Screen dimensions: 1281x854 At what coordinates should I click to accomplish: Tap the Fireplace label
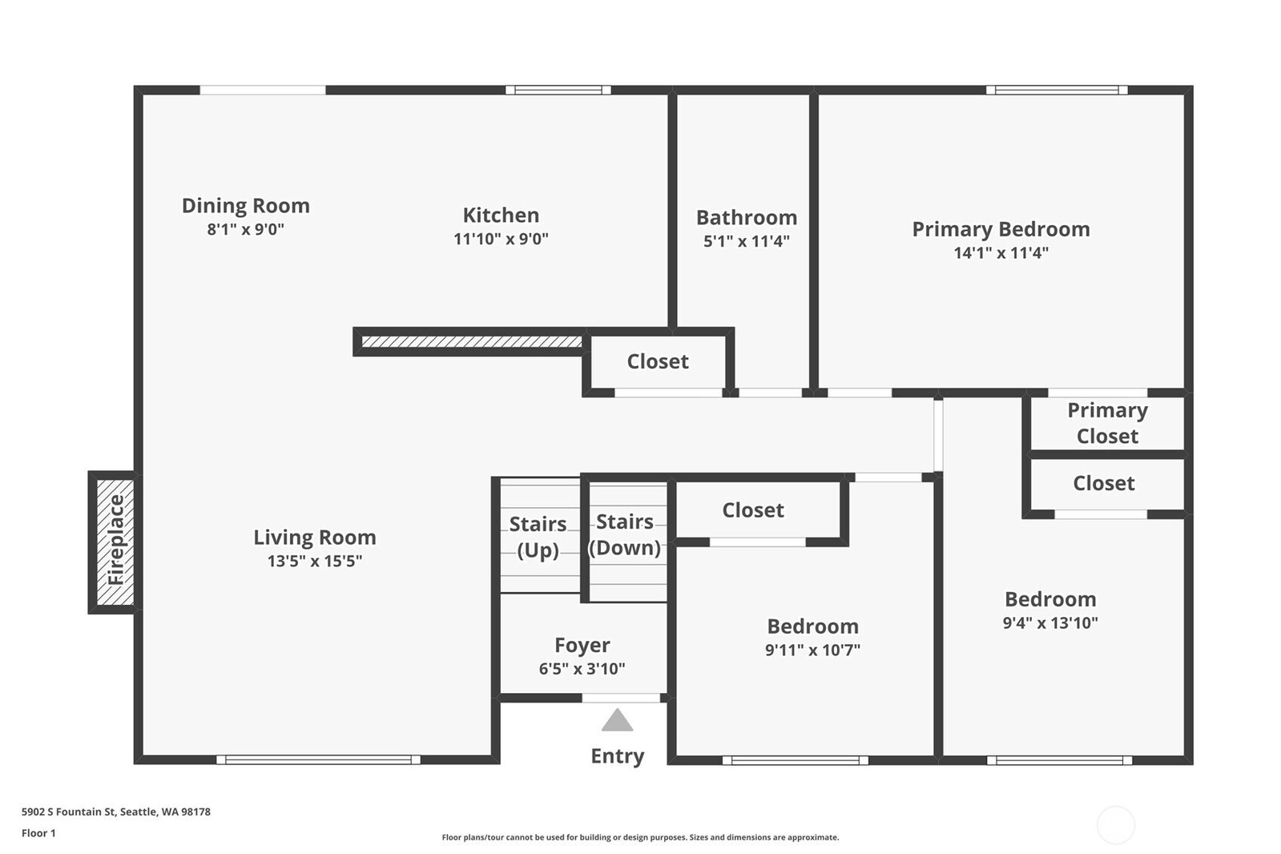(x=116, y=539)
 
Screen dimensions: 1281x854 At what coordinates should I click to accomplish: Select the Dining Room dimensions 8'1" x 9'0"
(x=246, y=229)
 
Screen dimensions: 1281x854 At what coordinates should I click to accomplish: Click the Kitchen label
(x=501, y=215)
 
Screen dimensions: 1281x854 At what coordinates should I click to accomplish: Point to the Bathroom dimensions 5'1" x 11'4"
(x=747, y=241)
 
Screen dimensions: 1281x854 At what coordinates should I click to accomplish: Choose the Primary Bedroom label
(x=1001, y=229)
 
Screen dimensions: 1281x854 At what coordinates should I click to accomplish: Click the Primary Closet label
(x=1108, y=423)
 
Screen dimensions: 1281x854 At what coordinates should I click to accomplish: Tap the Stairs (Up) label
(x=538, y=537)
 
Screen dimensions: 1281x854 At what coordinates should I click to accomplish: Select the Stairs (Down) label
(x=625, y=534)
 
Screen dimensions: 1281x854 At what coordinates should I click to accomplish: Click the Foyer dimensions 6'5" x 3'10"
(x=582, y=669)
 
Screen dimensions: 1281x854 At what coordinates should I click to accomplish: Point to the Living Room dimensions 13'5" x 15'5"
(x=315, y=561)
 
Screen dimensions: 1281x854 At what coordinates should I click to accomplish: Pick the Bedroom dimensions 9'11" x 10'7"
(x=812, y=650)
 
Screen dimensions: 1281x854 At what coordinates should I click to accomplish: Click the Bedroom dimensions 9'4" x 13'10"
(x=1050, y=622)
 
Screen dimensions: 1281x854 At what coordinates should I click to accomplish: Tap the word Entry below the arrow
(x=618, y=756)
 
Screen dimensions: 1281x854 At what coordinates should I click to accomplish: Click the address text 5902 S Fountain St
(x=69, y=812)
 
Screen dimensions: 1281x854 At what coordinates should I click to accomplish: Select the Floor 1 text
(x=39, y=833)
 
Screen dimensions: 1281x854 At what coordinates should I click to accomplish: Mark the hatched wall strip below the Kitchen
(x=472, y=342)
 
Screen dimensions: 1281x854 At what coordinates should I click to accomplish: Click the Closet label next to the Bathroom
(x=658, y=361)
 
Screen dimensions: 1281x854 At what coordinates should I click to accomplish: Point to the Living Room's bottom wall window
(x=319, y=759)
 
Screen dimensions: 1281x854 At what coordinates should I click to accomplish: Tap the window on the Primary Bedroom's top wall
(x=1057, y=90)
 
